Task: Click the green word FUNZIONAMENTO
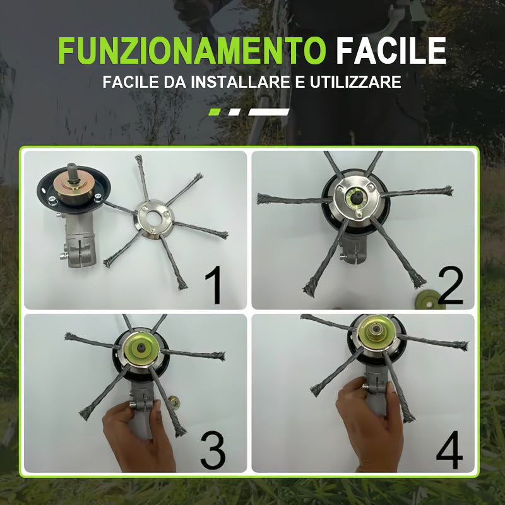pos(192,51)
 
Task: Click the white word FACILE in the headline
pos(391,51)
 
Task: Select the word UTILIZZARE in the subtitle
pos(355,82)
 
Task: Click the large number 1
pos(214,285)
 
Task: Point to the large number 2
pos(450,285)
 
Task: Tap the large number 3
pos(213,450)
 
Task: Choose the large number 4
pos(449,449)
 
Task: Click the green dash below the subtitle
pos(215,112)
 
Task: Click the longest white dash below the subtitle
pos(269,112)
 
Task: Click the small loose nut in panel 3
pos(174,402)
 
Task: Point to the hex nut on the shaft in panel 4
pos(375,333)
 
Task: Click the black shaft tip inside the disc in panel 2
pos(355,196)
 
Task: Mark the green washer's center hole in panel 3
pos(141,347)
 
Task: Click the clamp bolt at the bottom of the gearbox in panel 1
pos(64,257)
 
